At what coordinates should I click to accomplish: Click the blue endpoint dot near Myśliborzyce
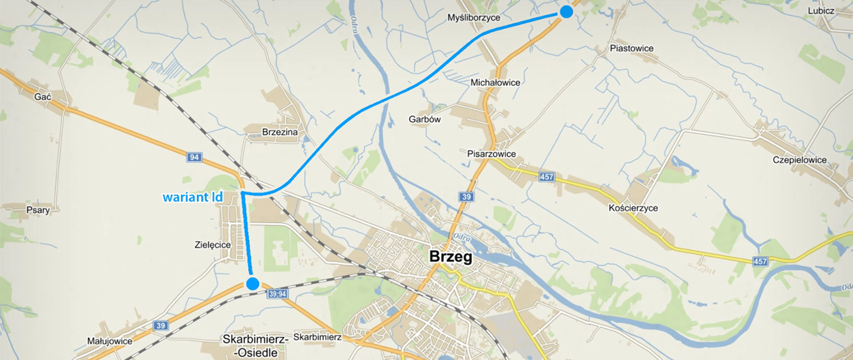pyautogui.click(x=566, y=11)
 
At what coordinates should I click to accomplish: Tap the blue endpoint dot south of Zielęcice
pyautogui.click(x=252, y=283)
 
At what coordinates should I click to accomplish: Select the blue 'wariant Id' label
pyautogui.click(x=193, y=198)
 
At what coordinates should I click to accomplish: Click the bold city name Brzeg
pyautogui.click(x=451, y=257)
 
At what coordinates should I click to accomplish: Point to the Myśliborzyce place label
pyautogui.click(x=474, y=18)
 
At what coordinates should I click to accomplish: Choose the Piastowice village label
pyautogui.click(x=631, y=49)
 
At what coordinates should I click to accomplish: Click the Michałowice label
pyautogui.click(x=495, y=83)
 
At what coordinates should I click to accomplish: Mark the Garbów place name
pyautogui.click(x=424, y=120)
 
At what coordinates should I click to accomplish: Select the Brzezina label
pyautogui.click(x=280, y=132)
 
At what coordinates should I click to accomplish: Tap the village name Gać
pyautogui.click(x=43, y=97)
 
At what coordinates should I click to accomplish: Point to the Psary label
pyautogui.click(x=38, y=210)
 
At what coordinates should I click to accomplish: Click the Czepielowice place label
pyautogui.click(x=799, y=160)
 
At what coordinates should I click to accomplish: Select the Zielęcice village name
pyautogui.click(x=211, y=245)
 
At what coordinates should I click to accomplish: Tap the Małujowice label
pyautogui.click(x=110, y=341)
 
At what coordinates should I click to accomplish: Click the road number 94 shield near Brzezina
pyautogui.click(x=194, y=157)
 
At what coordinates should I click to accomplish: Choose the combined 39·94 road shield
pyautogui.click(x=276, y=293)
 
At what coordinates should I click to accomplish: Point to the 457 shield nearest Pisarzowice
pyautogui.click(x=547, y=178)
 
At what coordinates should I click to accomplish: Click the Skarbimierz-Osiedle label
pyautogui.click(x=253, y=345)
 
